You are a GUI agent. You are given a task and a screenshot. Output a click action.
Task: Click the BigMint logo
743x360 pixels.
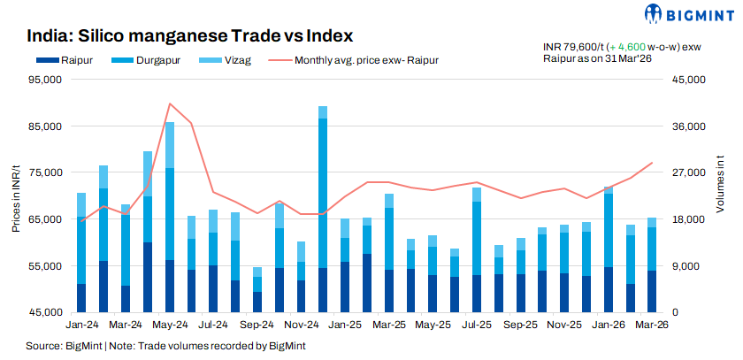pos(686,14)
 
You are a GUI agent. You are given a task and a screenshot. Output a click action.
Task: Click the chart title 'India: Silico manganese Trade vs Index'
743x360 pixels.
pos(190,36)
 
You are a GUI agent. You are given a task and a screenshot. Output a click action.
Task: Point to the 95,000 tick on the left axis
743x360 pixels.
pos(44,80)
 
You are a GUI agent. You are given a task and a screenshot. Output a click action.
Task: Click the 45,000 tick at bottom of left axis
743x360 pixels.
pos(44,312)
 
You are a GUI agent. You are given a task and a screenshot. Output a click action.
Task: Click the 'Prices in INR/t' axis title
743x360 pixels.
pos(16,196)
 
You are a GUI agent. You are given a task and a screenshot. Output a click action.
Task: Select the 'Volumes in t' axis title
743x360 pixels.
pos(720,196)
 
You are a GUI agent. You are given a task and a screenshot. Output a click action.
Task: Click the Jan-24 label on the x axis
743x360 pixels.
pos(81,326)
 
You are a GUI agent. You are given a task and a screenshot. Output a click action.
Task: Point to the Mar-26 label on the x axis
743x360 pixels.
pos(651,326)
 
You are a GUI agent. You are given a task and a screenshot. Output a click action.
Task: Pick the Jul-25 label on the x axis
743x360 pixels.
pos(477,326)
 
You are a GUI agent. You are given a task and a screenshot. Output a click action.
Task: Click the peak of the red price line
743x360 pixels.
pos(169,103)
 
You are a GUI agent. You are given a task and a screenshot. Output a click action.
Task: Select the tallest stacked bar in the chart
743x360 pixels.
pos(323,209)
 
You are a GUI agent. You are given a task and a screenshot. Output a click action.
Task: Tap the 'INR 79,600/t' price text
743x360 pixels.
pos(572,46)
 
